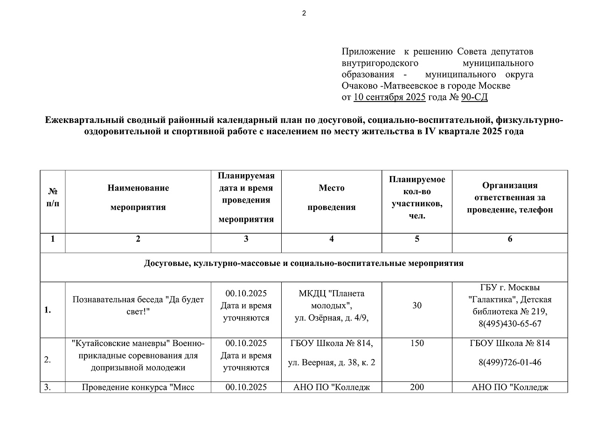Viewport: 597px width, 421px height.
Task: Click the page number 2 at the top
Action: coord(304,13)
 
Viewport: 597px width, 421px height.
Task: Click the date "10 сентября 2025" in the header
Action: coord(389,97)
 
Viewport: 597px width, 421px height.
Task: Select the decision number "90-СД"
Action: coord(474,97)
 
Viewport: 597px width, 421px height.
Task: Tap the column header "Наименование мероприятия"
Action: coord(138,197)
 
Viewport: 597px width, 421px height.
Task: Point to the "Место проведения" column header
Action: coord(331,197)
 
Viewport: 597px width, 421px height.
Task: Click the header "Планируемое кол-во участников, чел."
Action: coord(417,197)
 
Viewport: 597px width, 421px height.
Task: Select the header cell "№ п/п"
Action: coord(53,197)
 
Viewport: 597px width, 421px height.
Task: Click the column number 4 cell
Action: coord(331,239)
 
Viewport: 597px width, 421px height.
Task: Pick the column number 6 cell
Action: coord(510,239)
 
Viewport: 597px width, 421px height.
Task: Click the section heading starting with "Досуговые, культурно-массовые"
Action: coord(304,264)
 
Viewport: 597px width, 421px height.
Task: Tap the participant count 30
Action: coord(417,306)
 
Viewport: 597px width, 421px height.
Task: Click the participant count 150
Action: coord(417,343)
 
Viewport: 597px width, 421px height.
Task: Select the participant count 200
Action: coord(417,387)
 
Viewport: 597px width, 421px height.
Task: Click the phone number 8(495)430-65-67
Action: coord(510,324)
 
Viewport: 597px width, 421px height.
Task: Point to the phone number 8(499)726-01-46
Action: coord(510,362)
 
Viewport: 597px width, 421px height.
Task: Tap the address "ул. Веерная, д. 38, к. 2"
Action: coord(331,362)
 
